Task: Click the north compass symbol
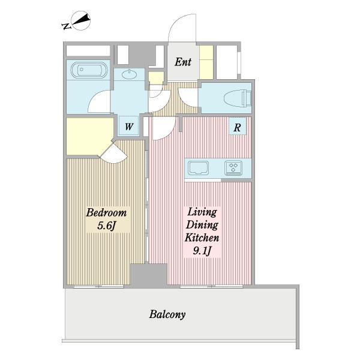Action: [x=81, y=20]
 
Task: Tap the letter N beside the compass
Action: [x=66, y=26]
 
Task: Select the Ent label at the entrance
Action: [x=183, y=62]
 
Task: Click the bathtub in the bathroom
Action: [x=89, y=70]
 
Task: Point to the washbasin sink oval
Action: [x=129, y=74]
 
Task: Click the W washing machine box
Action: [x=129, y=126]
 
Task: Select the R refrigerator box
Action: [x=238, y=127]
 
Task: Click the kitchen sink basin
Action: [x=199, y=168]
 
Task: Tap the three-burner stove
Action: [x=233, y=168]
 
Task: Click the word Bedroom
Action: [x=106, y=212]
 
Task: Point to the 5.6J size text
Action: [x=106, y=226]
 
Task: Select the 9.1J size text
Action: [x=202, y=251]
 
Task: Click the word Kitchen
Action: [x=202, y=238]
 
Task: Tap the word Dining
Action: [x=202, y=224]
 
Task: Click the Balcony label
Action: [x=167, y=314]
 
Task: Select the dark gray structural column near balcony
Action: [x=149, y=275]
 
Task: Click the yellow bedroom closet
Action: [x=89, y=136]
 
